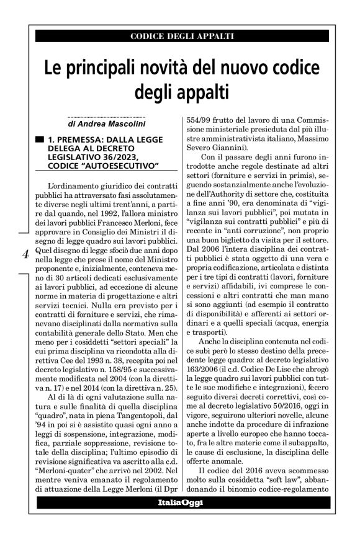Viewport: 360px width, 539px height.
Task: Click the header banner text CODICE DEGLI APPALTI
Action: [x=180, y=36]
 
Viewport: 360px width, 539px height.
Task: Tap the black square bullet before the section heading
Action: [x=40, y=140]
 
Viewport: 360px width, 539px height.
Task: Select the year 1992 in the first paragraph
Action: [x=110, y=205]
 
